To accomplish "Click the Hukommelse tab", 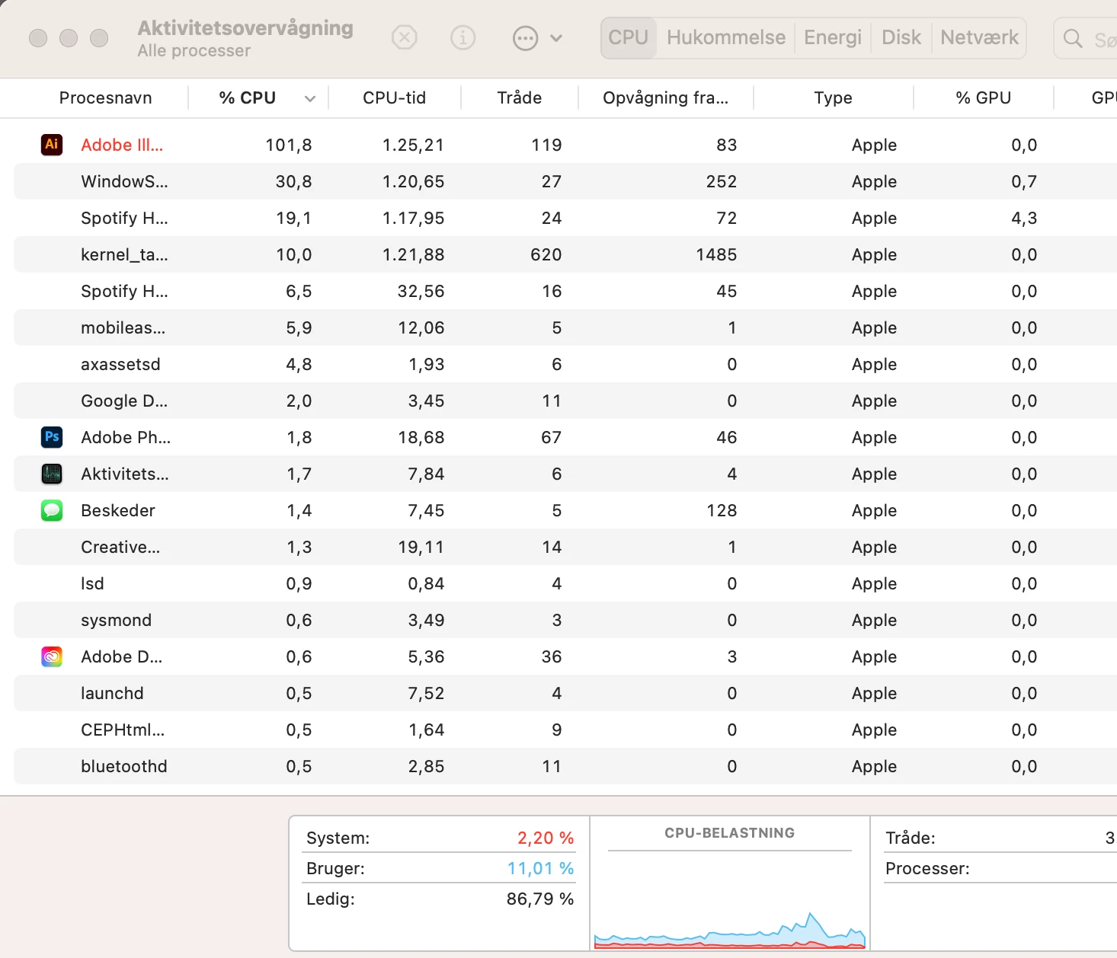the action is [726, 37].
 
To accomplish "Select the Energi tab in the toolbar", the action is [832, 37].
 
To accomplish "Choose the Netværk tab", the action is [979, 37].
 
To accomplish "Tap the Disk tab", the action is [901, 37].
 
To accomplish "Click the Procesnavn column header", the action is [105, 97].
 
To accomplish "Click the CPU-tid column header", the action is [394, 97].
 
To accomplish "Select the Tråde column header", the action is [520, 97].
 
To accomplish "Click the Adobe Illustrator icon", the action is [52, 145].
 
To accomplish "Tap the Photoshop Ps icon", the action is [52, 437].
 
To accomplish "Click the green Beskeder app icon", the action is [52, 510].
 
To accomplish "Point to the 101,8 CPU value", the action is [289, 145].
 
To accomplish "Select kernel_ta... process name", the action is [124, 254].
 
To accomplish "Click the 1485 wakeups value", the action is [716, 254].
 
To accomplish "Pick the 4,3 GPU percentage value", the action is [1024, 218].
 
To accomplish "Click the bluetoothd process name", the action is [123, 766].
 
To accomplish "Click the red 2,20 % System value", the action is [546, 838].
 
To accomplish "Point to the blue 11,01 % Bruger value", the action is [540, 868].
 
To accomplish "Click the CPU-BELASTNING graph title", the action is [729, 832].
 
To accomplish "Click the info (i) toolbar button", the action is [462, 38].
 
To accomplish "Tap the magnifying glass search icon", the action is [1072, 38].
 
